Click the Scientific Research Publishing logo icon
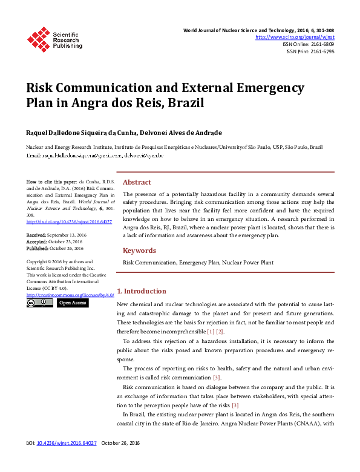[x=38, y=39]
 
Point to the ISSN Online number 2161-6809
[x=321, y=44]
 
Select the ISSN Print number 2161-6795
[x=322, y=51]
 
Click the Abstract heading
[x=137, y=182]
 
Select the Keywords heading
[x=139, y=251]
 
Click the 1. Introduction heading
[x=141, y=291]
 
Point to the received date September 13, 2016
[x=67, y=234]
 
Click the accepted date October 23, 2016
[x=65, y=241]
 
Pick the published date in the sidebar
[x=67, y=248]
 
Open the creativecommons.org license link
[x=70, y=295]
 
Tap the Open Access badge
[x=73, y=303]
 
